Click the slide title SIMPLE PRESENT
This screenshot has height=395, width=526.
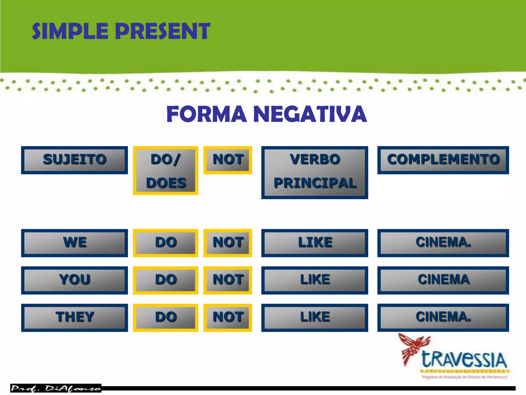(121, 31)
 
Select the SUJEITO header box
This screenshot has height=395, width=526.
(74, 160)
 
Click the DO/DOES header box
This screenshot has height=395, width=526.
(166, 170)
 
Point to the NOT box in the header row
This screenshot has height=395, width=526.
(228, 160)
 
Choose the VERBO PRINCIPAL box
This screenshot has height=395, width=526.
(315, 172)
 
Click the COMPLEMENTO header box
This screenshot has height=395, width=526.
(443, 160)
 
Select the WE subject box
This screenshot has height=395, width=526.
(74, 243)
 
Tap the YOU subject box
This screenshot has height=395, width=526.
(74, 280)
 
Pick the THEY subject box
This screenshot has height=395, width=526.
(74, 318)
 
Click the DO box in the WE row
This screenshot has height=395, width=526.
(166, 243)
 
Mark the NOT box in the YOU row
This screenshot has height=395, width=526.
(228, 280)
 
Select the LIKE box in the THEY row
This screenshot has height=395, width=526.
(315, 318)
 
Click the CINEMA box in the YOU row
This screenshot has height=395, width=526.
(443, 280)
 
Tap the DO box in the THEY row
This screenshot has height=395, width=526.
(166, 318)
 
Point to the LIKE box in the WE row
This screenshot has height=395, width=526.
(315, 243)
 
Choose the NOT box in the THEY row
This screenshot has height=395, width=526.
(228, 318)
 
